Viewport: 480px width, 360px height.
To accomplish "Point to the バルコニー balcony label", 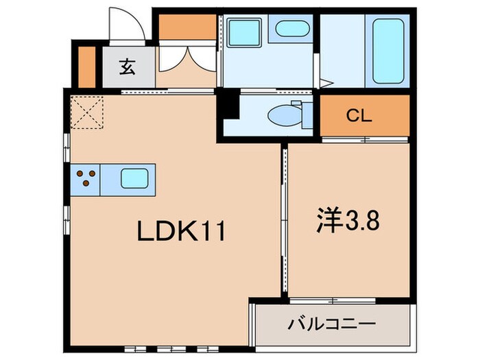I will (333, 322).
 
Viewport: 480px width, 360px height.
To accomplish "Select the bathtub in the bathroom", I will (389, 51).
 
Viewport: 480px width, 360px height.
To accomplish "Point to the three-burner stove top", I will (85, 178).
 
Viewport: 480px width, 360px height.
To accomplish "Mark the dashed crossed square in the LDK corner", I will (86, 112).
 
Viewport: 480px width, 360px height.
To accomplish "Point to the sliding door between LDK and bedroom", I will (283, 219).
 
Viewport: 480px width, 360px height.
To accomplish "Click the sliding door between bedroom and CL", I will (363, 140).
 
